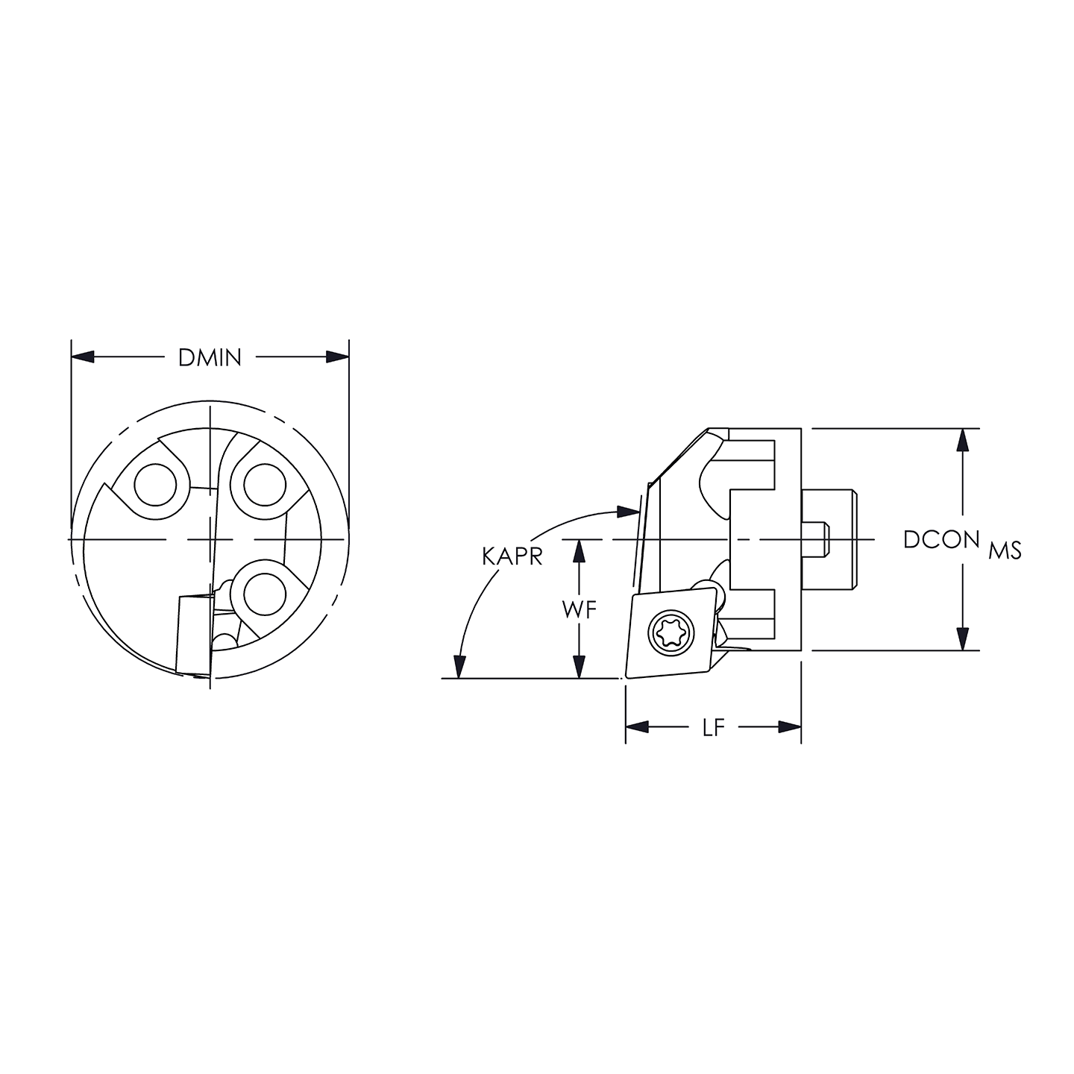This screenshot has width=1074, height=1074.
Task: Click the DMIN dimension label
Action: click(210, 358)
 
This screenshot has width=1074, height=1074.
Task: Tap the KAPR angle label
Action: click(512, 556)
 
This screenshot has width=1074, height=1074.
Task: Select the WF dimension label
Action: click(580, 610)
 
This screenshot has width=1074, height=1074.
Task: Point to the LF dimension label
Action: click(714, 727)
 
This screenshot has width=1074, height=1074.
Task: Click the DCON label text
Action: click(941, 539)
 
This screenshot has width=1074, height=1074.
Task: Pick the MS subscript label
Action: click(1005, 551)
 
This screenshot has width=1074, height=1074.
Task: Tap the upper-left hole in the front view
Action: click(155, 485)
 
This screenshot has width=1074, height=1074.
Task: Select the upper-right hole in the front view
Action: click(266, 485)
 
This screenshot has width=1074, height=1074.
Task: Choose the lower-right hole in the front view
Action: click(266, 594)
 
